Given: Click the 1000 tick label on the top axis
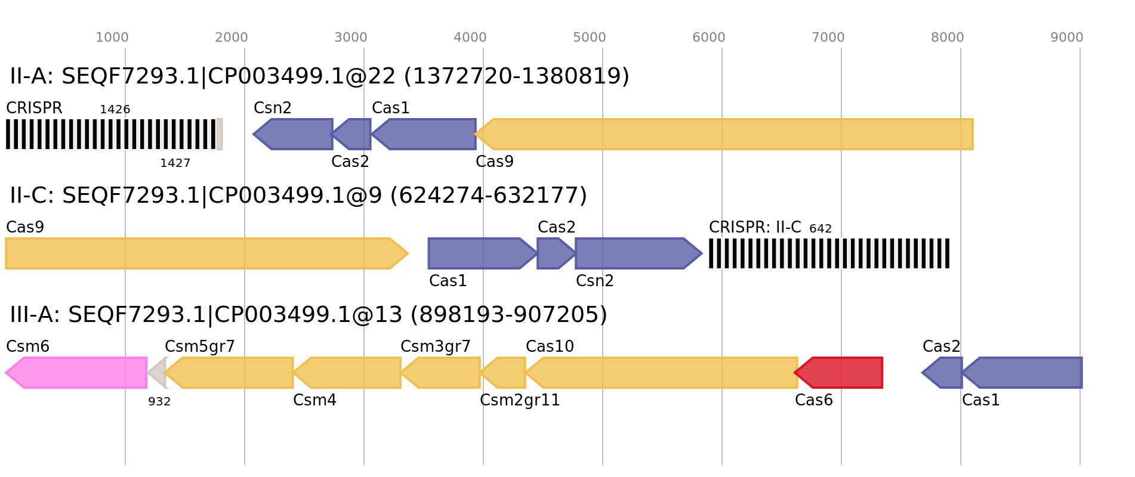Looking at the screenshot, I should pyautogui.click(x=112, y=38).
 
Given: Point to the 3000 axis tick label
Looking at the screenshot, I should pyautogui.click(x=351, y=38).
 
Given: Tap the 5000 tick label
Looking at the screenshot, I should pyautogui.click(x=590, y=38).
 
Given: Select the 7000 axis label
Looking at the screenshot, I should pyautogui.click(x=828, y=38).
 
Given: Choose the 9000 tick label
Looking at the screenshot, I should pyautogui.click(x=1067, y=38).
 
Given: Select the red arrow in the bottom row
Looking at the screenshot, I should pyautogui.click(x=840, y=373).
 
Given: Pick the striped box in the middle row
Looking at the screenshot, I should pyautogui.click(x=829, y=253).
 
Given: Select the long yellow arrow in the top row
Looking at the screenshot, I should pyautogui.click(x=724, y=134).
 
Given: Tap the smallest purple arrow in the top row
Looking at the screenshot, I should pyautogui.click(x=353, y=134).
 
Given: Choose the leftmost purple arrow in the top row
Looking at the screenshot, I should pyautogui.click(x=294, y=134).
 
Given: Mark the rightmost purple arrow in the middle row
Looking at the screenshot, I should pyautogui.click(x=638, y=253).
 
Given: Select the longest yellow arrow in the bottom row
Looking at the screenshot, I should pyautogui.click(x=663, y=373).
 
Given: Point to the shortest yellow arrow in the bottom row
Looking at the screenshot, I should pyautogui.click(x=504, y=373).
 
